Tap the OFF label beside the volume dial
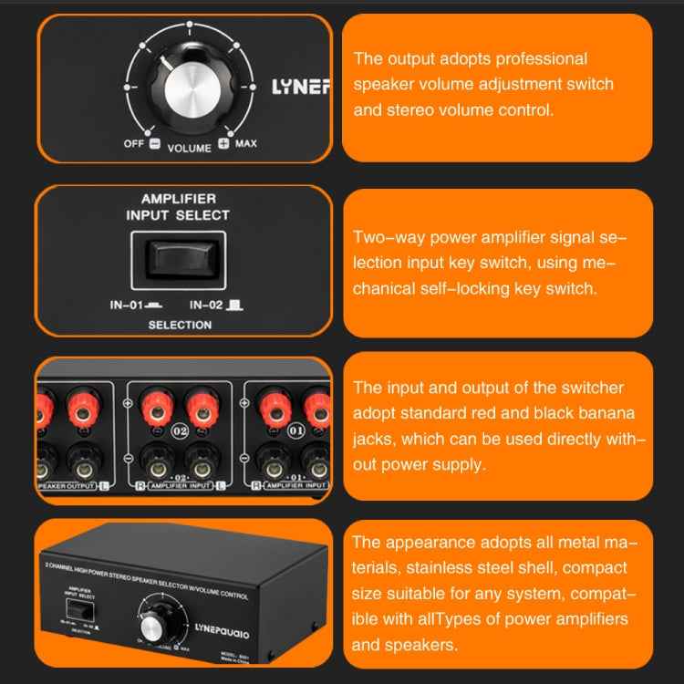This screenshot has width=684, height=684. tap(133, 144)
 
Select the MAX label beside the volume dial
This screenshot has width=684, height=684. tap(245, 144)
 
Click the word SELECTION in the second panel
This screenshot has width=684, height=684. tap(180, 325)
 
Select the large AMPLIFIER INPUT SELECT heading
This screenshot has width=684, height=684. tap(178, 206)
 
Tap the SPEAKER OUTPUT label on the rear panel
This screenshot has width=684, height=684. tap(71, 487)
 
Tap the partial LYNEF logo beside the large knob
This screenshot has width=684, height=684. tap(301, 88)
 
